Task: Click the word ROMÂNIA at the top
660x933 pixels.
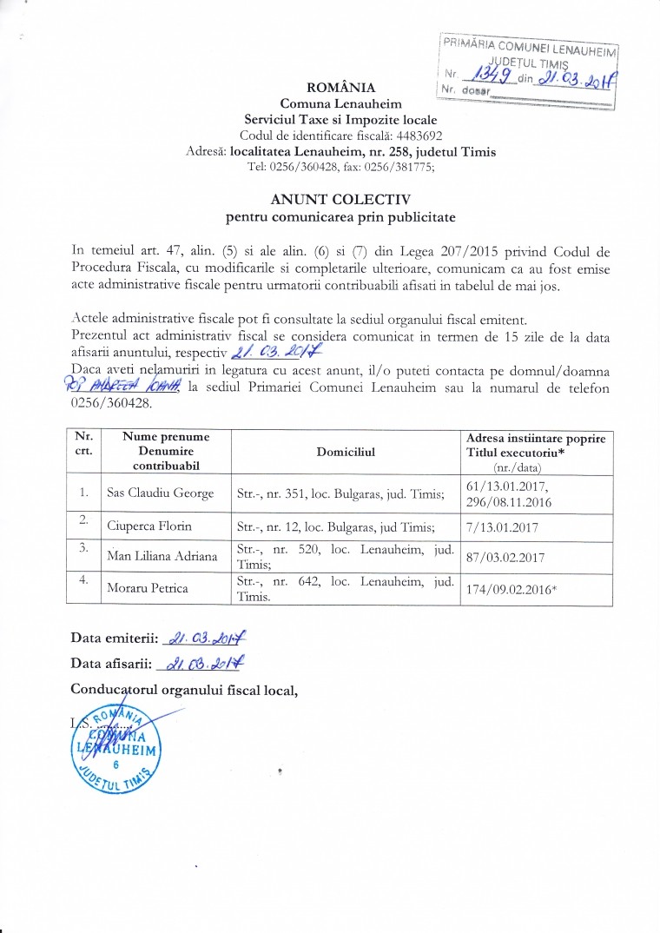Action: [341, 87]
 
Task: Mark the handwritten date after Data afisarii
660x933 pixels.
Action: [199, 665]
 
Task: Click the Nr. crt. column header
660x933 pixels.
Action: [85, 443]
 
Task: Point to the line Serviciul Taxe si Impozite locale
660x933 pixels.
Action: [340, 119]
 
